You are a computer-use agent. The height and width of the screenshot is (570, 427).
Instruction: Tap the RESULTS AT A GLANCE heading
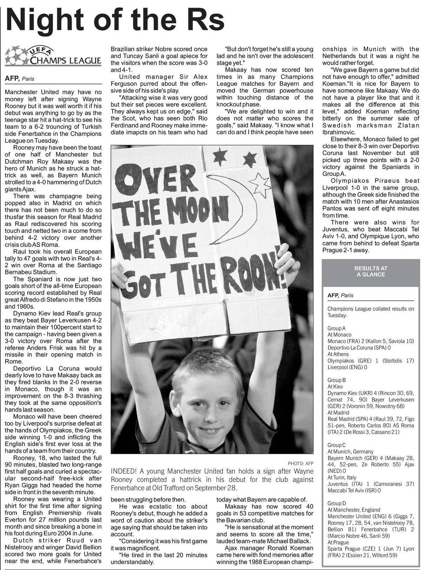coord(370,271)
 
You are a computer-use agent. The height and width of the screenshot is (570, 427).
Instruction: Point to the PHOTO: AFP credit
coord(300,464)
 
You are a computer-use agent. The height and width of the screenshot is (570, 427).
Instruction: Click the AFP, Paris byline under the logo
coord(19,79)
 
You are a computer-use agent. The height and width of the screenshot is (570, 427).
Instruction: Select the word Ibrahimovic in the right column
coord(339,132)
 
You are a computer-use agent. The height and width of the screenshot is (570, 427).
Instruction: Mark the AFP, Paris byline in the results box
coord(340,295)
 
